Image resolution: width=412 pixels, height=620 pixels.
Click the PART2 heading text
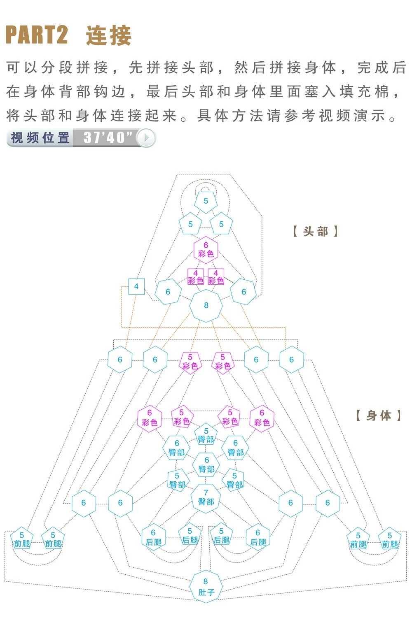click(37, 35)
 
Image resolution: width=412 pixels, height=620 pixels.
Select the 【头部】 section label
click(316, 231)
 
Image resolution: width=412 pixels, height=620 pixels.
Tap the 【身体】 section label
click(379, 416)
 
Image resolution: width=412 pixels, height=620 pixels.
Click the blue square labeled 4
click(136, 286)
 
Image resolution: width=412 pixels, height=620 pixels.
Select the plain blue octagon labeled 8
click(206, 305)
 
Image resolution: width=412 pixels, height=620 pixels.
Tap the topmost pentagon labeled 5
click(206, 202)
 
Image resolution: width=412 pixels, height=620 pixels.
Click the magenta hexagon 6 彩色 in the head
click(206, 249)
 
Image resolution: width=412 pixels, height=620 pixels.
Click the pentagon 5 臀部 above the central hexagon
click(206, 434)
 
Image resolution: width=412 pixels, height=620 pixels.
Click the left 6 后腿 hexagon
click(153, 537)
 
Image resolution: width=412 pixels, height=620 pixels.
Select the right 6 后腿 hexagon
click(258, 537)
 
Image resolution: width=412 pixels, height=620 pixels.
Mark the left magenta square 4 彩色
click(196, 277)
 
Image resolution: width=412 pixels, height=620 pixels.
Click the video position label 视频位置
click(40, 137)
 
